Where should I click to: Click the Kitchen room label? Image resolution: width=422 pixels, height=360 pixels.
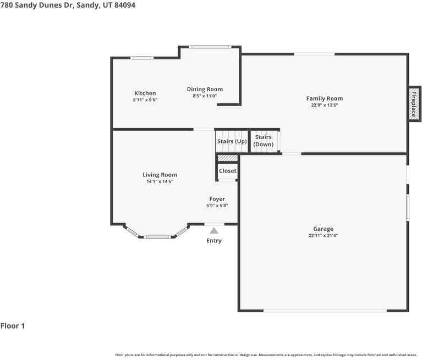pos(145,93)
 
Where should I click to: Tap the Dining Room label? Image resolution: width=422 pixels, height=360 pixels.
pos(205,90)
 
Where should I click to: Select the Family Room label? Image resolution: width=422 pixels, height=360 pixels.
pos(324,99)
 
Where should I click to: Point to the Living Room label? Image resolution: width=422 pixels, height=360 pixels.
pos(160,175)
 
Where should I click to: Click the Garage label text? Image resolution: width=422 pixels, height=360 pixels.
pos(323,229)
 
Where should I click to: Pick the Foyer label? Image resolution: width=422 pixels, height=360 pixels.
pos(217,199)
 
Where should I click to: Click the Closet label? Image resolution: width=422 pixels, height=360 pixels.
pos(227,171)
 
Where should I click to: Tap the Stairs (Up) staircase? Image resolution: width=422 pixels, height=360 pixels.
pos(232,141)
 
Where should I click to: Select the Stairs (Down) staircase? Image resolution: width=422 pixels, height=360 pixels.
pos(264,141)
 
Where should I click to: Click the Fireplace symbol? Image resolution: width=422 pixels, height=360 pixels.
pos(414,104)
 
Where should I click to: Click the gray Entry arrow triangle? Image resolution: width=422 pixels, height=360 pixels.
pos(213,231)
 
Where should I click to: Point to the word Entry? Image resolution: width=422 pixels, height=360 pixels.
pos(214,241)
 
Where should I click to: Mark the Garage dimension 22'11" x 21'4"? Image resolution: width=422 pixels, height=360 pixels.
pos(323,236)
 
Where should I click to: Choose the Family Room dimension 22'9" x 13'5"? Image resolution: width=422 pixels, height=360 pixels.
pos(324,105)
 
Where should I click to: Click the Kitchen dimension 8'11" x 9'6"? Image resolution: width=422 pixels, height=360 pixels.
pos(145,100)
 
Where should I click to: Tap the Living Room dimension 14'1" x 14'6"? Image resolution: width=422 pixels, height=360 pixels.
pos(160,181)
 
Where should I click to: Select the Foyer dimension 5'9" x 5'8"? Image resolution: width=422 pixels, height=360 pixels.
pos(217,206)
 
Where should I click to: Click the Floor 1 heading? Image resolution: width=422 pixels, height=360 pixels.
pos(13,326)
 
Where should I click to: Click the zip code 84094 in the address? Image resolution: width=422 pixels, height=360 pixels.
pos(124,5)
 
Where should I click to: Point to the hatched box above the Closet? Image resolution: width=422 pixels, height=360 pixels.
pos(227,158)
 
